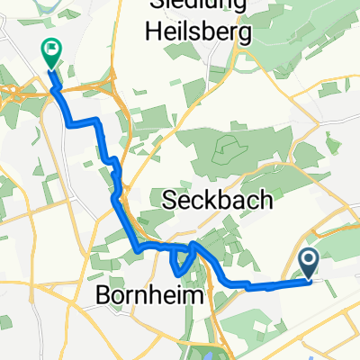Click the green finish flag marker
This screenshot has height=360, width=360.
[x=51, y=54]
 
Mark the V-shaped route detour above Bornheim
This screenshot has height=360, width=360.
[x=181, y=261]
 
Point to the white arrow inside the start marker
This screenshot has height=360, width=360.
[x=309, y=262]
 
